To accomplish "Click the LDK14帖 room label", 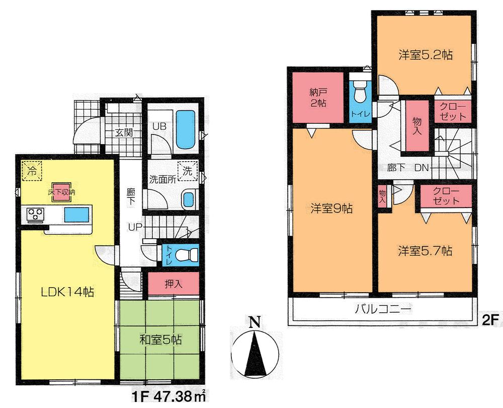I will (x=62, y=291).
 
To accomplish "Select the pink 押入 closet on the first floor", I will (x=174, y=284).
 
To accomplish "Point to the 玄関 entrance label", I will (x=122, y=133).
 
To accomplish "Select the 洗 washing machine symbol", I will (x=188, y=171).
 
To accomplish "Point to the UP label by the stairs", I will (x=134, y=227).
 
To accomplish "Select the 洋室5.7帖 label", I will (x=425, y=250).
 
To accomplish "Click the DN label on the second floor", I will (x=421, y=168).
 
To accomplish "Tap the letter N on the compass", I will (x=256, y=321).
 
